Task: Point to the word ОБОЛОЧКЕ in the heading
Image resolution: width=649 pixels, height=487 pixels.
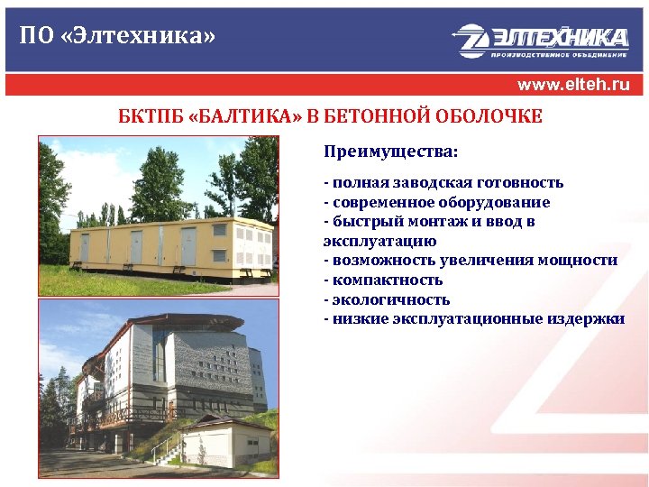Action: (493, 118)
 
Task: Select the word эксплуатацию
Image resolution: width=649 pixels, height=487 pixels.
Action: (379, 241)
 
